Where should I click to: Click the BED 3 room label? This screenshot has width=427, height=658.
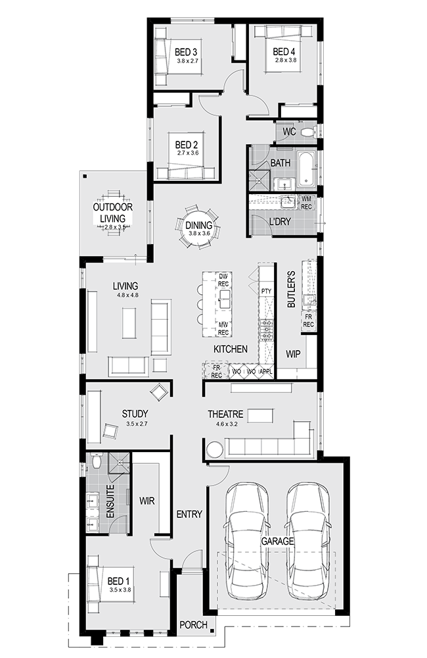pyautogui.click(x=186, y=52)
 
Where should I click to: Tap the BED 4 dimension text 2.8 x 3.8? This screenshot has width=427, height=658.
pyautogui.click(x=285, y=60)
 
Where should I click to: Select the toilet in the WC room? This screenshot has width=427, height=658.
pyautogui.click(x=309, y=132)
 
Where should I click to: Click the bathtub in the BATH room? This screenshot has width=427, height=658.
pyautogui.click(x=307, y=170)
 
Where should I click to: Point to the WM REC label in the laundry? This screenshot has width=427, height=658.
pyautogui.click(x=306, y=203)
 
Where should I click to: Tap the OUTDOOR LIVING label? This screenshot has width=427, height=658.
pyautogui.click(x=113, y=213)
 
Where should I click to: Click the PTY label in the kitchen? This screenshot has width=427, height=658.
pyautogui.click(x=266, y=291)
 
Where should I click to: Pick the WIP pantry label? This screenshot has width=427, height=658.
pyautogui.click(x=293, y=354)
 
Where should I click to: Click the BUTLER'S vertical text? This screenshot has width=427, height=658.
pyautogui.click(x=292, y=289)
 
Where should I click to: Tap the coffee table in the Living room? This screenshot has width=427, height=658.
pyautogui.click(x=129, y=322)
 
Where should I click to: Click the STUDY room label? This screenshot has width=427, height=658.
pyautogui.click(x=135, y=414)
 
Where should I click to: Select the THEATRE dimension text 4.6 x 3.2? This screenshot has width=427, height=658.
pyautogui.click(x=227, y=424)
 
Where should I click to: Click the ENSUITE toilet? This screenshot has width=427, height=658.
pyautogui.click(x=96, y=462)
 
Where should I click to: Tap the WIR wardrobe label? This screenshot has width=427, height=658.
pyautogui.click(x=146, y=501)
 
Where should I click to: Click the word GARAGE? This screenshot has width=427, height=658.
pyautogui.click(x=277, y=541)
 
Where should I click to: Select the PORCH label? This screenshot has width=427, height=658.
pyautogui.click(x=193, y=625)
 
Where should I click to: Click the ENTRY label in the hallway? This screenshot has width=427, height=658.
pyautogui.click(x=189, y=514)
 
